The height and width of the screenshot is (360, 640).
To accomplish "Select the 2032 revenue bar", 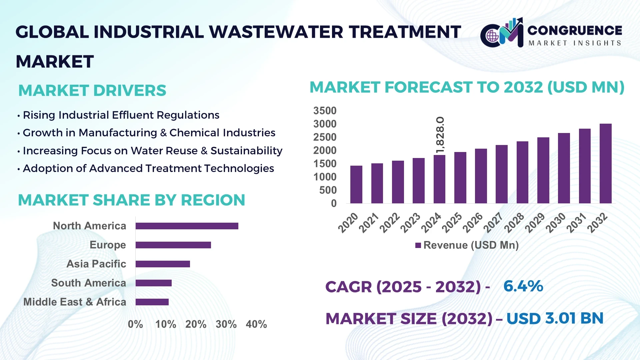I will pyautogui.click(x=605, y=164).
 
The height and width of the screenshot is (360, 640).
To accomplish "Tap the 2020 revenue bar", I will pyautogui.click(x=356, y=184).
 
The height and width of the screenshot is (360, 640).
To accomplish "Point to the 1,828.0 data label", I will pyautogui.click(x=440, y=135).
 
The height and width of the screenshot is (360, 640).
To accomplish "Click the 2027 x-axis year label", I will pyautogui.click(x=493, y=222).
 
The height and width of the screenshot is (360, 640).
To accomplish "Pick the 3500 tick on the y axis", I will pyautogui.click(x=325, y=111).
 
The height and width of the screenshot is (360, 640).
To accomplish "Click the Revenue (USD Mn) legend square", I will pyautogui.click(x=418, y=246).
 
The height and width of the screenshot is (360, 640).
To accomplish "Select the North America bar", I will pyautogui.click(x=187, y=226).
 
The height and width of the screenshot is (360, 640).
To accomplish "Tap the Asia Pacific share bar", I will pyautogui.click(x=163, y=264).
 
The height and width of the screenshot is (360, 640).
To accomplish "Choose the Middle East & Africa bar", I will pyautogui.click(x=152, y=302).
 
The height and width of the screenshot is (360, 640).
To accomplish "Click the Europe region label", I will pyautogui.click(x=108, y=245).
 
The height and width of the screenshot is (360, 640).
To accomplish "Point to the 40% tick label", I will pyautogui.click(x=256, y=324).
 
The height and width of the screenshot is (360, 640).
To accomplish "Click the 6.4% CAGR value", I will pyautogui.click(x=523, y=286).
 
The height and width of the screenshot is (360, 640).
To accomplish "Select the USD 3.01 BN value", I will pyautogui.click(x=555, y=318).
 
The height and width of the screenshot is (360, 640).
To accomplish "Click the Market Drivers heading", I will pyautogui.click(x=92, y=91).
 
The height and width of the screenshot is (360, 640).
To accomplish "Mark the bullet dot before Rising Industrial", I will pyautogui.click(x=19, y=116).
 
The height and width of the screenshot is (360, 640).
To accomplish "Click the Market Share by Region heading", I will pyautogui.click(x=131, y=200).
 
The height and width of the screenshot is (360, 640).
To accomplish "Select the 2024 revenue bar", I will pyautogui.click(x=439, y=179).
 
